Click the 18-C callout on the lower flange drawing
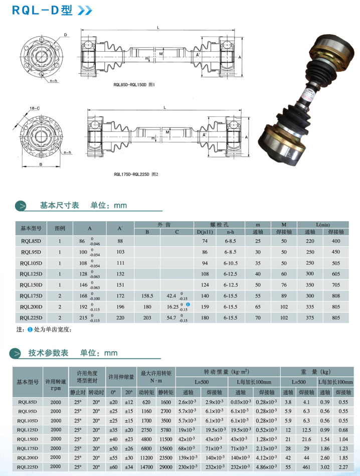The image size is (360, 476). coord(35,108)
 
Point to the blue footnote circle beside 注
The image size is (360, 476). coord(30,330)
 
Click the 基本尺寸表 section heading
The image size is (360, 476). coord(59,205)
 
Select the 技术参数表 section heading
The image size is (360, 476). coord(59,353)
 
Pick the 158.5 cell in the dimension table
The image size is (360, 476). coord(147,296)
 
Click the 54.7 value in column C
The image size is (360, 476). coord(171,318)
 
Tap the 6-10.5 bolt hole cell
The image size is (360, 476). coord(231,263)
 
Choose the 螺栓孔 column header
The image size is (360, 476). coord(219,224)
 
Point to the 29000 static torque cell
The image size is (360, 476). coord(166,466)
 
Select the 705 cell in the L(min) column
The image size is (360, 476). coord(335,285)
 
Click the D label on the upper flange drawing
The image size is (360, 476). coord(65,35)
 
